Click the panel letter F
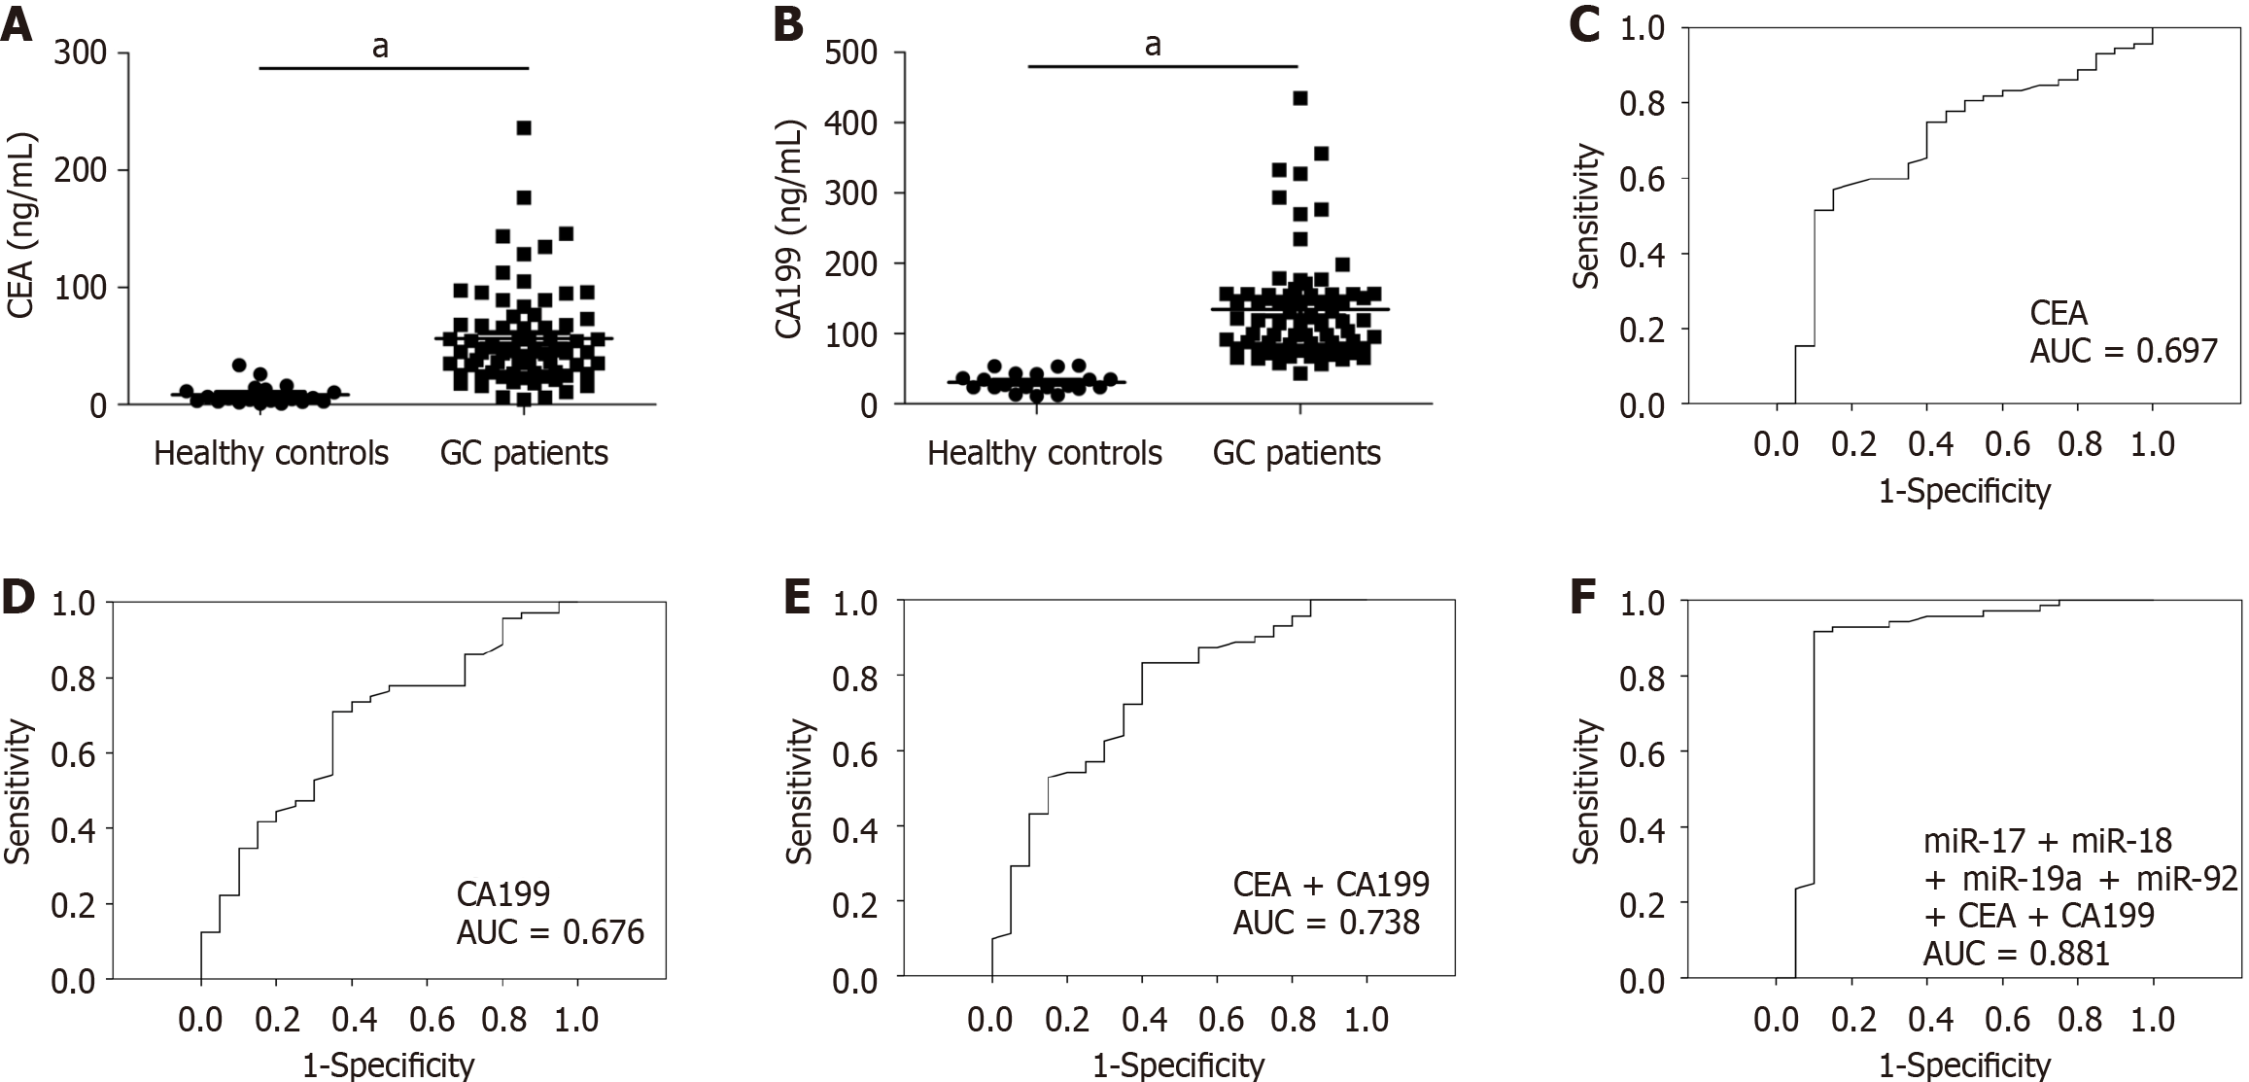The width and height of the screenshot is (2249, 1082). point(1583,597)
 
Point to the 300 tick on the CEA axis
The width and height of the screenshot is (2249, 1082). point(82,52)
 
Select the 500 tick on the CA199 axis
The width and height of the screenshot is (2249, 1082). point(852,52)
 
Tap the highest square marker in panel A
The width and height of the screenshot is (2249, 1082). point(524,127)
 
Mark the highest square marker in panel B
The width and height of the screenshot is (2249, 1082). point(1300,97)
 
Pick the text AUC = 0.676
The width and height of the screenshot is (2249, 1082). point(550,932)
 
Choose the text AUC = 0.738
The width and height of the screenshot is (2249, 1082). point(1327,920)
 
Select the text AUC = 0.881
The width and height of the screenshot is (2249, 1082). point(2017,953)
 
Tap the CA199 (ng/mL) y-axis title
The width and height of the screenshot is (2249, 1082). point(790,229)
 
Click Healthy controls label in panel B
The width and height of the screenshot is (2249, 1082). point(1044,453)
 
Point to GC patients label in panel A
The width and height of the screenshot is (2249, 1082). point(524,453)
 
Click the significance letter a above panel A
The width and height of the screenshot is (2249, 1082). point(380,47)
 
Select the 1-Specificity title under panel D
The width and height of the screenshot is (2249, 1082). point(388,1065)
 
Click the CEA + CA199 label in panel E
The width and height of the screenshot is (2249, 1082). point(1331,884)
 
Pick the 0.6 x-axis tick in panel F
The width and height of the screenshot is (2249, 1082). point(2006,1020)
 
